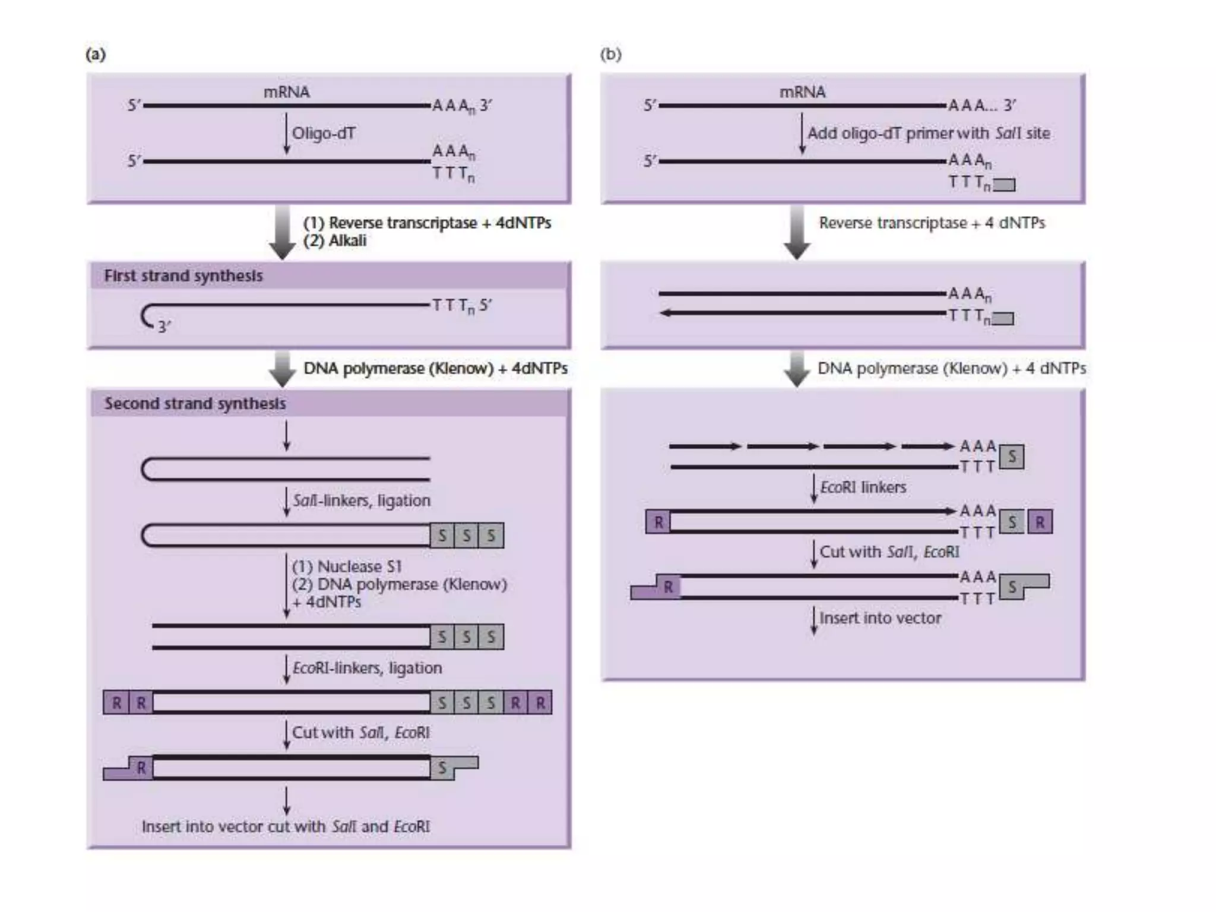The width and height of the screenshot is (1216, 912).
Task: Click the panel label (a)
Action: coord(96,55)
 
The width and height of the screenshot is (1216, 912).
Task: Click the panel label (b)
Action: coord(610,55)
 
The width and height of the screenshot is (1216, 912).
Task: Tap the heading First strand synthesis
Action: coord(183,276)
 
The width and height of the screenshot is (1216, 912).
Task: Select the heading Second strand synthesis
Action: coord(195,404)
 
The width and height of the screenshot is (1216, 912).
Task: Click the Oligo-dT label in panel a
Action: coord(324,133)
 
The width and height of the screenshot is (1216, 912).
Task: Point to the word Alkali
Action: coord(347,241)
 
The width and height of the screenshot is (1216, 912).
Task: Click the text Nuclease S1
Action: coord(359,566)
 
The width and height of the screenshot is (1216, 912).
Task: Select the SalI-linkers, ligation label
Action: coord(362,501)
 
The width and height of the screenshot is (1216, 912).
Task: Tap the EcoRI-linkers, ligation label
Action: coord(367,668)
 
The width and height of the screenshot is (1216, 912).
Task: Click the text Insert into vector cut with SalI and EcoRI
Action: coord(286,826)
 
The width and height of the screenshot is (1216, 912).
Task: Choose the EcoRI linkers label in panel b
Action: coord(863,487)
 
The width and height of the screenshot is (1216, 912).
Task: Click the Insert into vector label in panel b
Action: coord(880,618)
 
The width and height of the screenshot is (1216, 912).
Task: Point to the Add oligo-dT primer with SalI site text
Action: coord(929,133)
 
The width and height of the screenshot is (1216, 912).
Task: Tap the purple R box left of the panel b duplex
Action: coord(658,522)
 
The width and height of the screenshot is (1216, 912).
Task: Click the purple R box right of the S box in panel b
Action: coord(1040,522)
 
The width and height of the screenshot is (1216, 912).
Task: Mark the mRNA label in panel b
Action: coord(802,92)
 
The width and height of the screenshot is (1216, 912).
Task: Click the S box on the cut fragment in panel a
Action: coord(442,768)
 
